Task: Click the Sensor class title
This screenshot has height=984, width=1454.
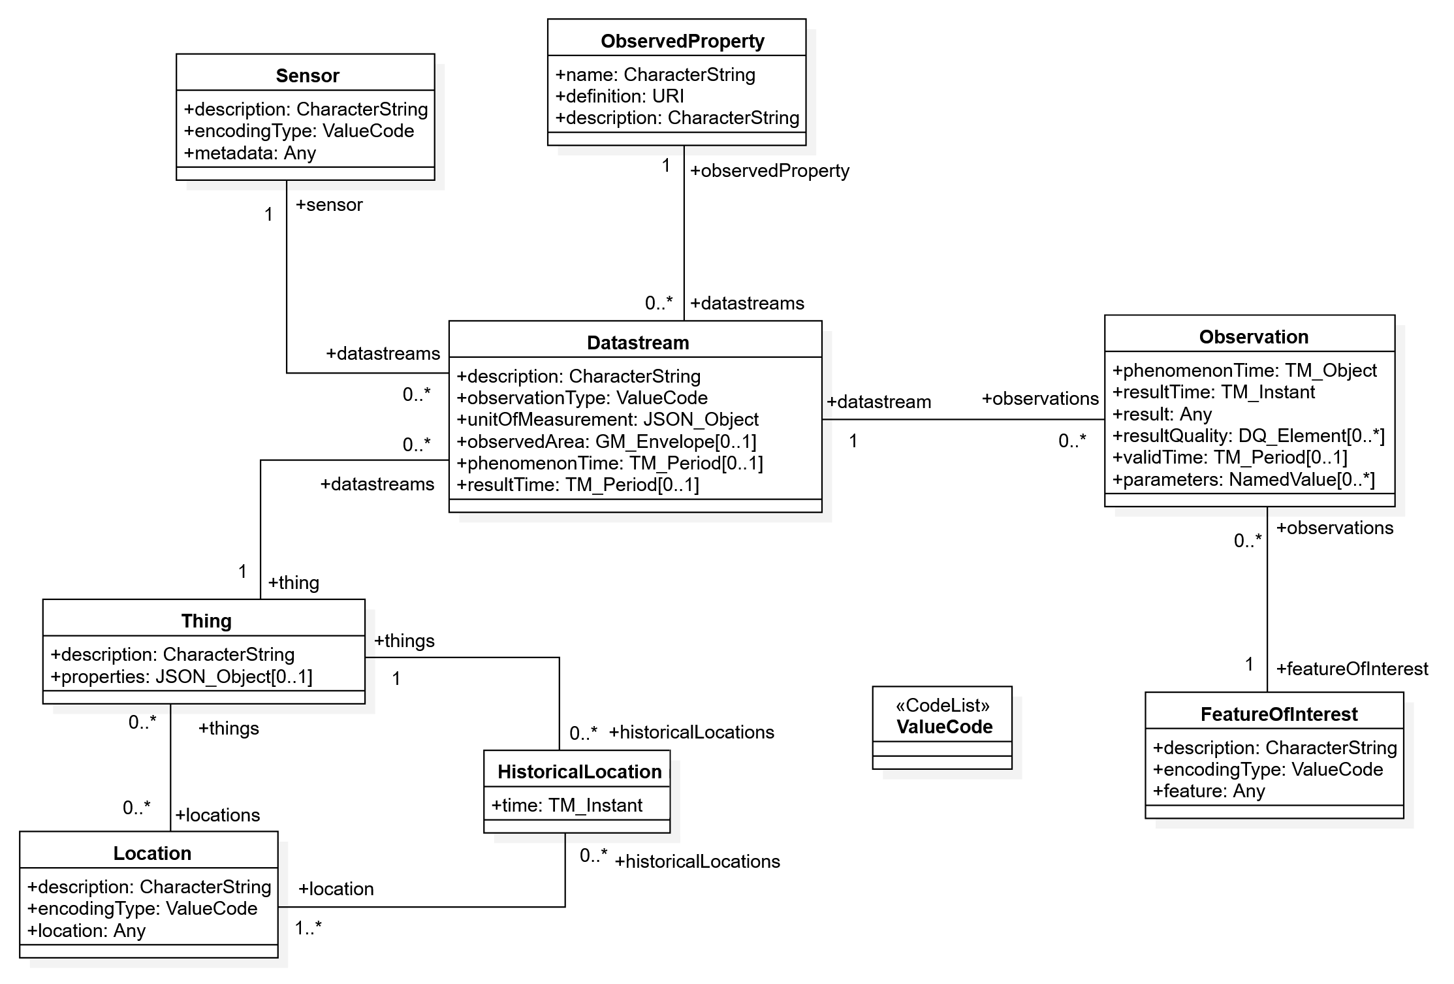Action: click(308, 76)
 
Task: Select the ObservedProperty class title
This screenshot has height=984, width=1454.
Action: click(682, 41)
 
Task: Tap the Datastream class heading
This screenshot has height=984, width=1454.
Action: click(638, 343)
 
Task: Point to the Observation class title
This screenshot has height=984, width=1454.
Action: click(1254, 337)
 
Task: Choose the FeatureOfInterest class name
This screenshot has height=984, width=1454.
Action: click(1279, 714)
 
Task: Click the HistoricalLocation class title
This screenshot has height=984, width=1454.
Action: click(580, 772)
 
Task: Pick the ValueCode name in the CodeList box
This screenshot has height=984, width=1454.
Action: click(944, 727)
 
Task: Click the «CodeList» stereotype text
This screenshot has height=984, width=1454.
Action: click(943, 705)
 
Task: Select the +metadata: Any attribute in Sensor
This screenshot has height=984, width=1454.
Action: click(250, 153)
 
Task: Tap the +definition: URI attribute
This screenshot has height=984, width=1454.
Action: click(620, 96)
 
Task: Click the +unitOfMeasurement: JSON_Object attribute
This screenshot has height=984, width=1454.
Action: click(608, 419)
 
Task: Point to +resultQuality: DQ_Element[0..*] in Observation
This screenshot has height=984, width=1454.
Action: click(1248, 436)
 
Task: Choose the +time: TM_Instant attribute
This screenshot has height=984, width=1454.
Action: click(567, 805)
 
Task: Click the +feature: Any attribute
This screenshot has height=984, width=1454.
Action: click(1209, 791)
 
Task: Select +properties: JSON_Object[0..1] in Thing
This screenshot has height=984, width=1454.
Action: click(182, 676)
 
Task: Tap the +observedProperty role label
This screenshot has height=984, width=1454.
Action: click(770, 171)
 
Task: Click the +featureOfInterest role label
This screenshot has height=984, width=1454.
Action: click(1352, 669)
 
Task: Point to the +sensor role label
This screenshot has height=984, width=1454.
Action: click(329, 205)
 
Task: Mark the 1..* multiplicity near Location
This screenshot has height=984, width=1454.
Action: click(308, 928)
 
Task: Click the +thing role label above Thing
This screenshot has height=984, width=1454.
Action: click(294, 582)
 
